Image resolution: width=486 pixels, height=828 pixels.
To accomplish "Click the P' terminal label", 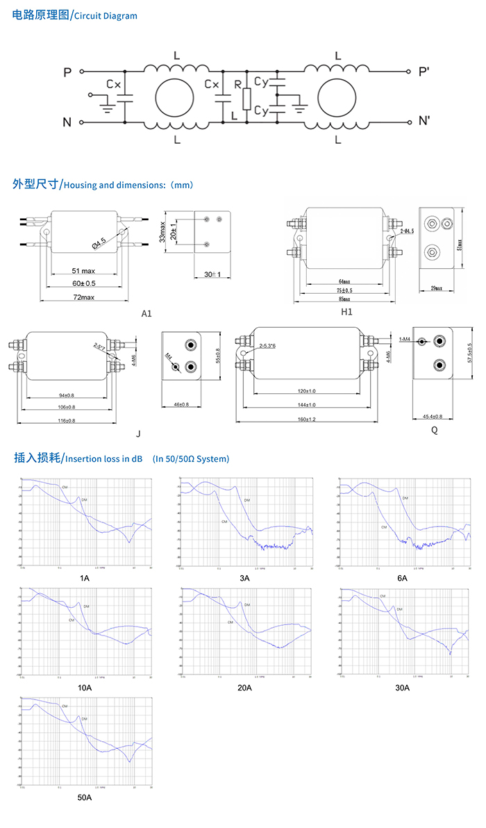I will [x=424, y=72].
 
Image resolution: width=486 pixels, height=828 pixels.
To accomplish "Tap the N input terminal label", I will [x=67, y=123].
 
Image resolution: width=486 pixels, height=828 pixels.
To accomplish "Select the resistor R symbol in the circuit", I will [x=246, y=99].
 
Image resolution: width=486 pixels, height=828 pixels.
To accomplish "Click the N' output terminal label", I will [x=425, y=122].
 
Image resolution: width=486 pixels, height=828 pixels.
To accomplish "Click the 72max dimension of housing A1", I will [x=83, y=297].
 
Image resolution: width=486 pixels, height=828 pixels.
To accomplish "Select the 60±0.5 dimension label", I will [x=83, y=283].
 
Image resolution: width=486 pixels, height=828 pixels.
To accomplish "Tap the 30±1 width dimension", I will [x=212, y=275].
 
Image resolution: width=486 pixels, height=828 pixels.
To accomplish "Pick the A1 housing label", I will [x=146, y=314].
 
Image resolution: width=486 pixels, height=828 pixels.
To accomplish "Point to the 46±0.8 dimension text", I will [x=181, y=404].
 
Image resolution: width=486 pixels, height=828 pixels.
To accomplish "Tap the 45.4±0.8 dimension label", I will [x=433, y=417].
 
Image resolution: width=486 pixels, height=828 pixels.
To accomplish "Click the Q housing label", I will [x=434, y=430].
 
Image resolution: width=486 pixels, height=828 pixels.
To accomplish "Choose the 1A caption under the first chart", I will [x=85, y=578].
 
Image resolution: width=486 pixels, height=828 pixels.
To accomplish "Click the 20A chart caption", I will [x=244, y=688].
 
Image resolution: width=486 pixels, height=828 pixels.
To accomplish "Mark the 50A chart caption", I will [x=85, y=797].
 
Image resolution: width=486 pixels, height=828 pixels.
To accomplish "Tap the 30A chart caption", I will [x=403, y=688].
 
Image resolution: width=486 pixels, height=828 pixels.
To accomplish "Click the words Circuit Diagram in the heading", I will [x=106, y=16].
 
